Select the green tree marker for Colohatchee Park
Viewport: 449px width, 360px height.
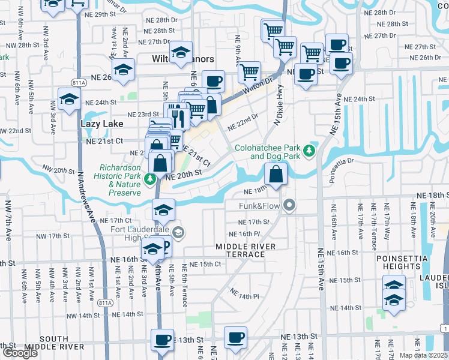[310, 150]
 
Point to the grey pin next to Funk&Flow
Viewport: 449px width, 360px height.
[290, 206]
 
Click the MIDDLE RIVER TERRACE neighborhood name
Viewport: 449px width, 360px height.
[240, 251]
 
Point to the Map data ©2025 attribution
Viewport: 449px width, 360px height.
[424, 355]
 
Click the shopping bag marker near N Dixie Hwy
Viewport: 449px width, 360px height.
[276, 175]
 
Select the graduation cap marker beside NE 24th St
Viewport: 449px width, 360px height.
[69, 99]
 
